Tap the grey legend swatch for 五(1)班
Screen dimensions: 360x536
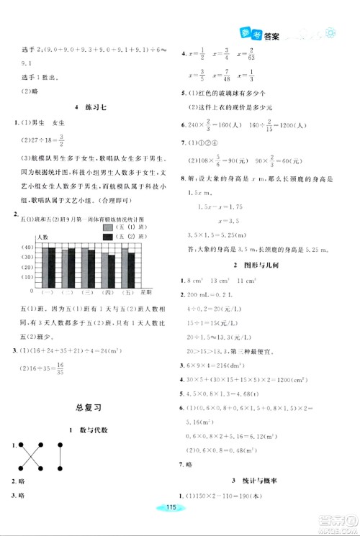tap(109, 227)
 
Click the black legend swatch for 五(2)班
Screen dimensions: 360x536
tap(109, 236)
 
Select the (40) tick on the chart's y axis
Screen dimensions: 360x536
tap(28, 247)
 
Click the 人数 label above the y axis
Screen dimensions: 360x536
tap(44, 237)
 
